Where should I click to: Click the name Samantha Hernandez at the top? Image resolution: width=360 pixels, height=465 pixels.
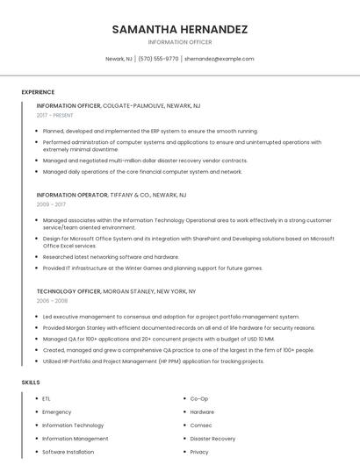tap(180, 29)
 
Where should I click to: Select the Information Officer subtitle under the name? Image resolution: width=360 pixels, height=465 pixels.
tap(180, 42)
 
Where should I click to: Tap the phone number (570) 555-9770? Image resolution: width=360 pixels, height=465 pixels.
tap(158, 59)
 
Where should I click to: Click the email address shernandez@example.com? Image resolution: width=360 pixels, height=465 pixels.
tap(219, 59)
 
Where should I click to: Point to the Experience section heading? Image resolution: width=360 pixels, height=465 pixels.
tap(38, 92)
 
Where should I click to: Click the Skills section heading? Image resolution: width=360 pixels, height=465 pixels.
tap(30, 383)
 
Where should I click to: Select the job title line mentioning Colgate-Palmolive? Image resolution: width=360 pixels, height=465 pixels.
tap(119, 105)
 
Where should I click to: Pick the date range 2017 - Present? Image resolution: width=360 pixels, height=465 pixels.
tap(55, 115)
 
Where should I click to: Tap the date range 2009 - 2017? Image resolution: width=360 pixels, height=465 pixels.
tap(51, 204)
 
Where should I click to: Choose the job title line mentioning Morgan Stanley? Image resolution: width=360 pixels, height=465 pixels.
tap(116, 290)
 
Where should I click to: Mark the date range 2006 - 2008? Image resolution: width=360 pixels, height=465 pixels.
tap(51, 300)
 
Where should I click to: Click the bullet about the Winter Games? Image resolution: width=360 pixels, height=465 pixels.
tap(152, 268)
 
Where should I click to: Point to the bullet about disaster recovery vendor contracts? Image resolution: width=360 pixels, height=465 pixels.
tap(145, 161)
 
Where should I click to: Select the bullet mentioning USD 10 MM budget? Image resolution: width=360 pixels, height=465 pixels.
tap(158, 338)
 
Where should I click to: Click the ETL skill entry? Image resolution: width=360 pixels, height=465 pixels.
tap(47, 398)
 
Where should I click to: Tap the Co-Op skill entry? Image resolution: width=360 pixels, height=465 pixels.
tap(198, 398)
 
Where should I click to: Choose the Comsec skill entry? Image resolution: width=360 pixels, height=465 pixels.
tap(201, 425)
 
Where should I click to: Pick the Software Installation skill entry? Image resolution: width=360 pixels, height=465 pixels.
tap(68, 452)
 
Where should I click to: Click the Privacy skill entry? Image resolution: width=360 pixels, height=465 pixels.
tap(199, 452)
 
